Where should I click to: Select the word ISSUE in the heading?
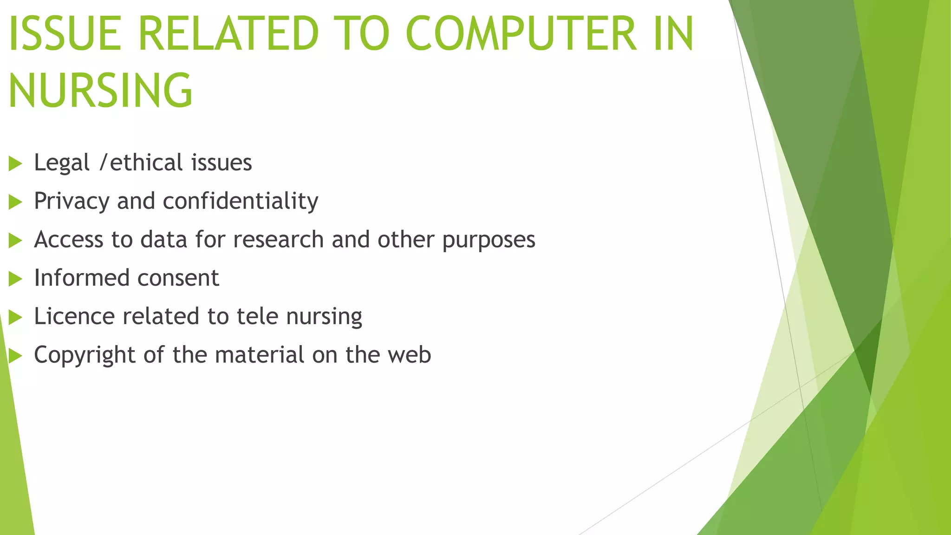point(65,34)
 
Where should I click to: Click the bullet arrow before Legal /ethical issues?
point(15,163)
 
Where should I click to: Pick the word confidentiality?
point(241,201)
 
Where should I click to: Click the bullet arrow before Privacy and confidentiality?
point(15,202)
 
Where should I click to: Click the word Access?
point(69,240)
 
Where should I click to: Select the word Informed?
point(82,278)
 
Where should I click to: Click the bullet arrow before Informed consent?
point(15,279)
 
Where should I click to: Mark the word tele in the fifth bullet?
point(257,316)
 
